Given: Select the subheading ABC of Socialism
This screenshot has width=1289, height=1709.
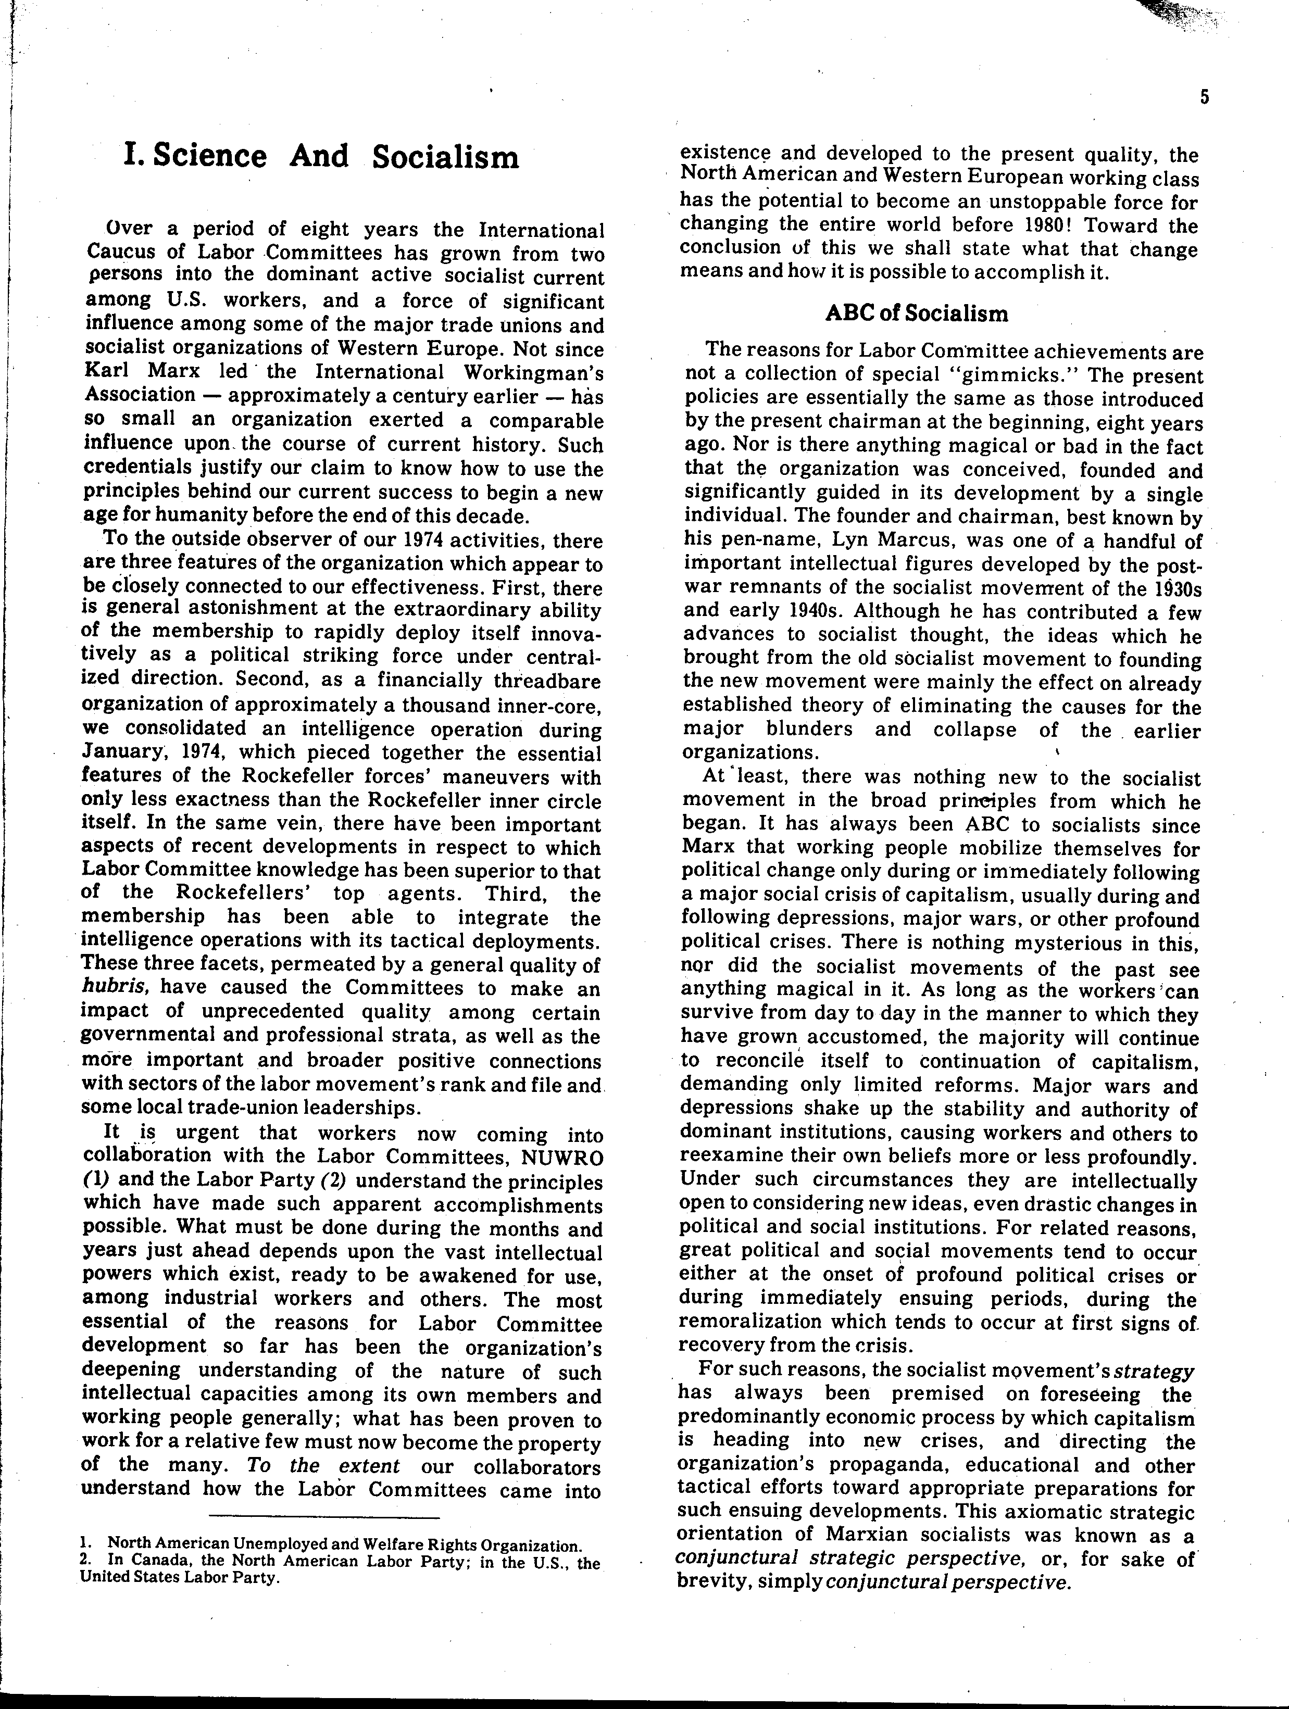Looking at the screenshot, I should click(x=917, y=313).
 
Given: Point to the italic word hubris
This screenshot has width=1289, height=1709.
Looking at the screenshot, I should click(x=109, y=987).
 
